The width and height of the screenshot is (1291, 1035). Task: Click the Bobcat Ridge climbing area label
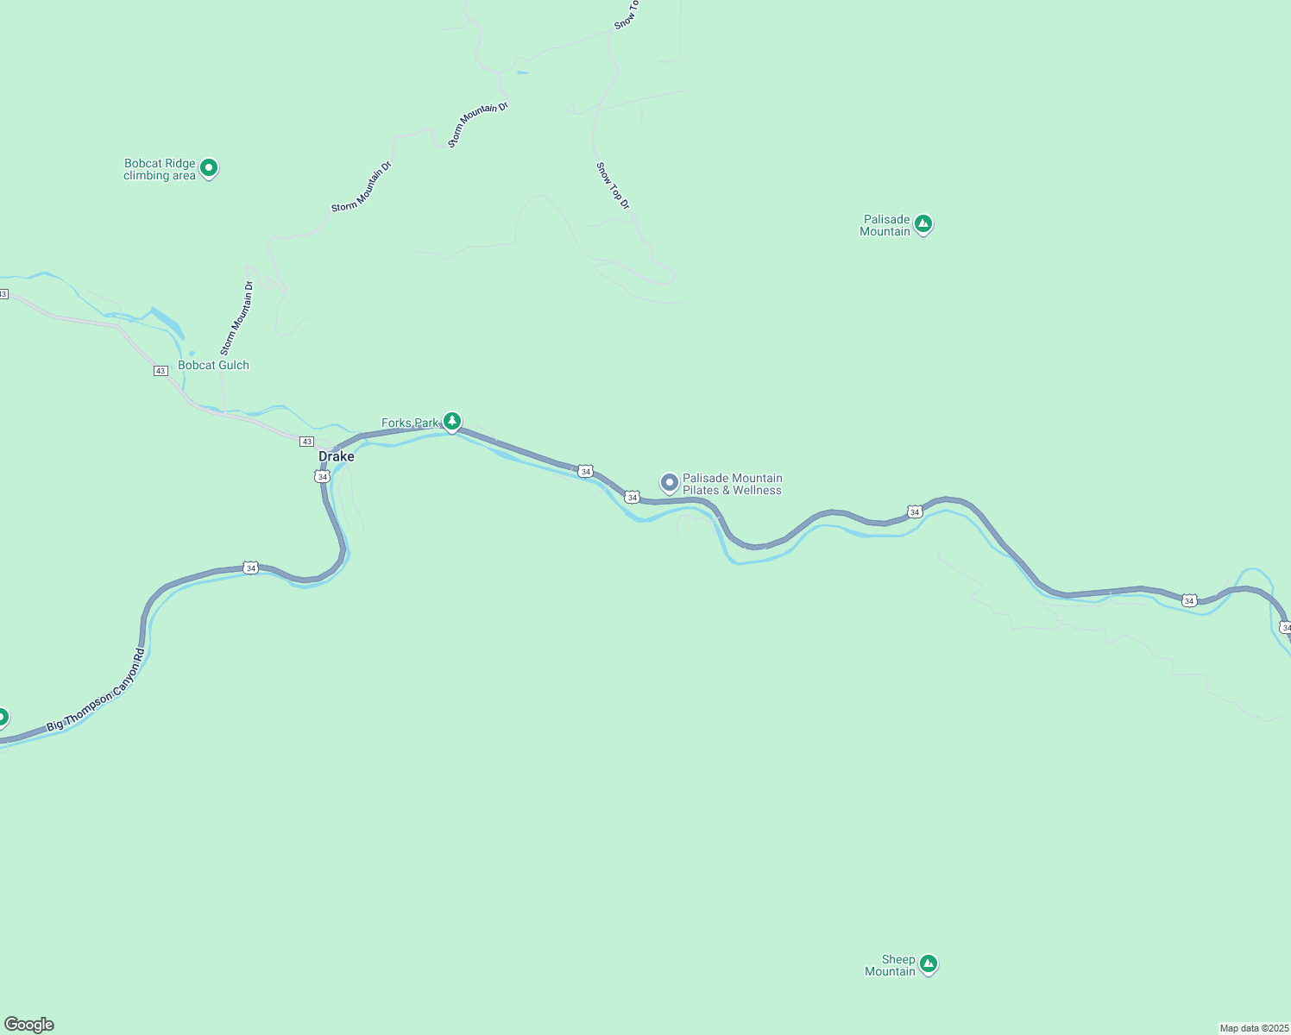pyautogui.click(x=160, y=169)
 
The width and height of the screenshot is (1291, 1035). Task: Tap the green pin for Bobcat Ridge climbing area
pyautogui.click(x=208, y=167)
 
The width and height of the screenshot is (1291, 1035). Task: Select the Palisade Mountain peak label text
pyautogui.click(x=885, y=225)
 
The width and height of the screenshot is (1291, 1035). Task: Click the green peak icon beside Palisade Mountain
pyautogui.click(x=923, y=224)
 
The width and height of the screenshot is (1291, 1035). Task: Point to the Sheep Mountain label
pyautogui.click(x=891, y=965)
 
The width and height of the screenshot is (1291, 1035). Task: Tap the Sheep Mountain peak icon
pyautogui.click(x=929, y=963)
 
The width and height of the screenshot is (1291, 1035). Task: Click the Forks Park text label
pyautogui.click(x=410, y=423)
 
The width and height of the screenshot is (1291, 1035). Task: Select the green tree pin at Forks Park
pyautogui.click(x=451, y=421)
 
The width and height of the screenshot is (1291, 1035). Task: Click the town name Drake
pyautogui.click(x=336, y=456)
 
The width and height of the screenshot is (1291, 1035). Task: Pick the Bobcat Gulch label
pyautogui.click(x=213, y=365)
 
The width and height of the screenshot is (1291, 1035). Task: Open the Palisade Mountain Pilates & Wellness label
pyautogui.click(x=732, y=484)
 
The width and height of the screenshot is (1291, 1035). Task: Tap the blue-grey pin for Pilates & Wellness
pyautogui.click(x=669, y=483)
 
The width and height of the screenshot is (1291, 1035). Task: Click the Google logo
pyautogui.click(x=28, y=1025)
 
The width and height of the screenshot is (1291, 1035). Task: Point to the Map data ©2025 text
pyautogui.click(x=1253, y=1028)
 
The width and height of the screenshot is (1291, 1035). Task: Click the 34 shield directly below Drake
pyautogui.click(x=322, y=476)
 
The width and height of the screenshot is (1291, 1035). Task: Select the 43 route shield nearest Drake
pyautogui.click(x=306, y=442)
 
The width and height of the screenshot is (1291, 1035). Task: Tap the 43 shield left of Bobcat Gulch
pyautogui.click(x=161, y=371)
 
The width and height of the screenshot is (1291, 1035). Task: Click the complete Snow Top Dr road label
pyautogui.click(x=613, y=185)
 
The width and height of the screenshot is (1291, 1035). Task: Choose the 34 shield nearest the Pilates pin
pyautogui.click(x=633, y=498)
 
